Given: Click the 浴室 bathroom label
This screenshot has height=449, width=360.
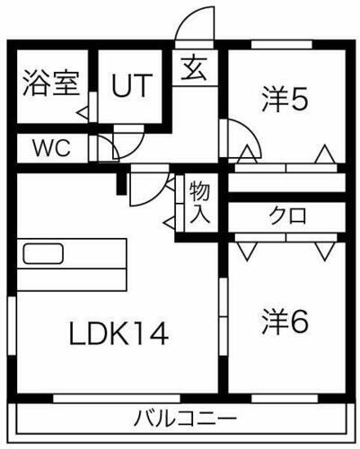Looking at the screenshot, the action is point(51,84).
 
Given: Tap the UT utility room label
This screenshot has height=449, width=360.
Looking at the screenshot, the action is point(131,85).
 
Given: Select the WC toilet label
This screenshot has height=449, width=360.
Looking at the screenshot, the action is point(51,148).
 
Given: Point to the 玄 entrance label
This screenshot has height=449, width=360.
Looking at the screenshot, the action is point(194,68).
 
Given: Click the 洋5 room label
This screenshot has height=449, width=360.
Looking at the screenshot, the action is point(285,99).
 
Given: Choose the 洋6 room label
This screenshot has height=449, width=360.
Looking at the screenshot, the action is point(285,321).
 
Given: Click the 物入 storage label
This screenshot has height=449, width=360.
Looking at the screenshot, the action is point(200,203).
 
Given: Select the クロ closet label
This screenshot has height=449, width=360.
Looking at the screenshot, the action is point(287,216).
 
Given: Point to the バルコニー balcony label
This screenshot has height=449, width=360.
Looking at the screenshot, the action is point(185,418).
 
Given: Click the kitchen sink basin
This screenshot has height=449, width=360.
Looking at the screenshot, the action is point(43,254).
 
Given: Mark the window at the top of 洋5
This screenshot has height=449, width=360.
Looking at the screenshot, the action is point(281,44).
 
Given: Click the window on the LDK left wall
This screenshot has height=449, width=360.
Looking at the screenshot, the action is point(12,325).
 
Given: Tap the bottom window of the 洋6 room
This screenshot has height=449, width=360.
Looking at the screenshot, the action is point(285,399).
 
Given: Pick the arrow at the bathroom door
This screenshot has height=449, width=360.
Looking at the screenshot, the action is point(83,113).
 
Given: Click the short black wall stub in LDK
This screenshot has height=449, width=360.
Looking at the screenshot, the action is point(121,183).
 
